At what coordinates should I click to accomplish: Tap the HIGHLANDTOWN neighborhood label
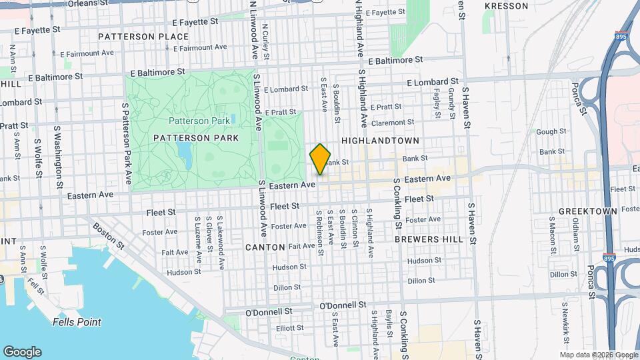point(381,141)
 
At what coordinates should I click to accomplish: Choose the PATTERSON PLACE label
point(143,36)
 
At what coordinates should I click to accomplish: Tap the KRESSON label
point(506,6)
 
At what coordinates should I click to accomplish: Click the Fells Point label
point(77,322)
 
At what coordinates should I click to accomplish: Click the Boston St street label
point(108,236)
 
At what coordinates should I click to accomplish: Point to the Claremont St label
point(393,123)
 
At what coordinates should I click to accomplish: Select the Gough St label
point(551,132)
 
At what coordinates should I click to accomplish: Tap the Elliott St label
point(289,328)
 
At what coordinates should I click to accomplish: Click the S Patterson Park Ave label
point(125,143)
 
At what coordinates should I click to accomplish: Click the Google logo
point(22,351)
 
